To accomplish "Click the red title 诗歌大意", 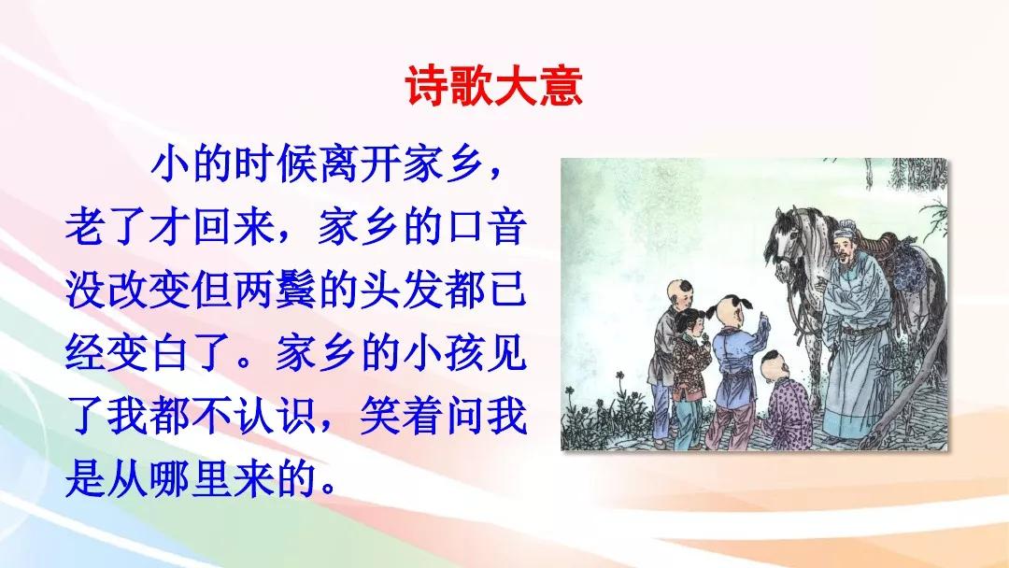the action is point(494,86).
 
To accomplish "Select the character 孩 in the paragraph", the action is point(464,354).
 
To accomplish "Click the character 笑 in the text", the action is point(380,416).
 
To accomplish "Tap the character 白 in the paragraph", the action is point(170,354).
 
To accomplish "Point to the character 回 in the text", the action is point(212,227).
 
